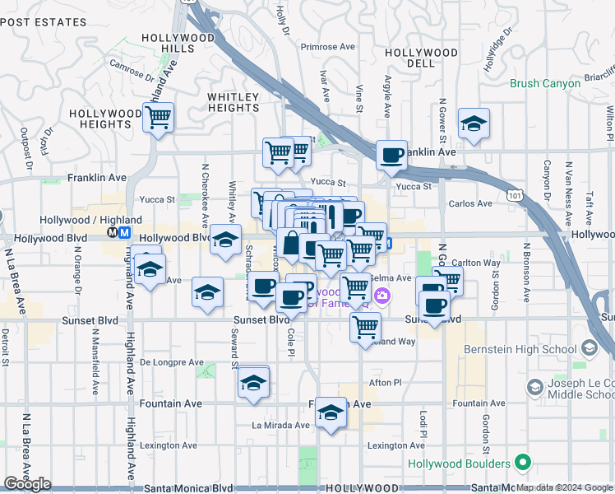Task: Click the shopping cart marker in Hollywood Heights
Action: (158, 117)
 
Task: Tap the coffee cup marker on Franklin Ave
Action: (392, 155)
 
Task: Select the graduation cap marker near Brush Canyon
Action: (474, 123)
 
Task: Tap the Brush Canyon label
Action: (543, 83)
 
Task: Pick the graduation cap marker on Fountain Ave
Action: (331, 412)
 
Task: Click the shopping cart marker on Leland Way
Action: (365, 326)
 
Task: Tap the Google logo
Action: (28, 484)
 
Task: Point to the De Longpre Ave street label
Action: (171, 362)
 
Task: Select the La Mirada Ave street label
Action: (280, 426)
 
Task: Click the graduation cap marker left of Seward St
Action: (208, 292)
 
